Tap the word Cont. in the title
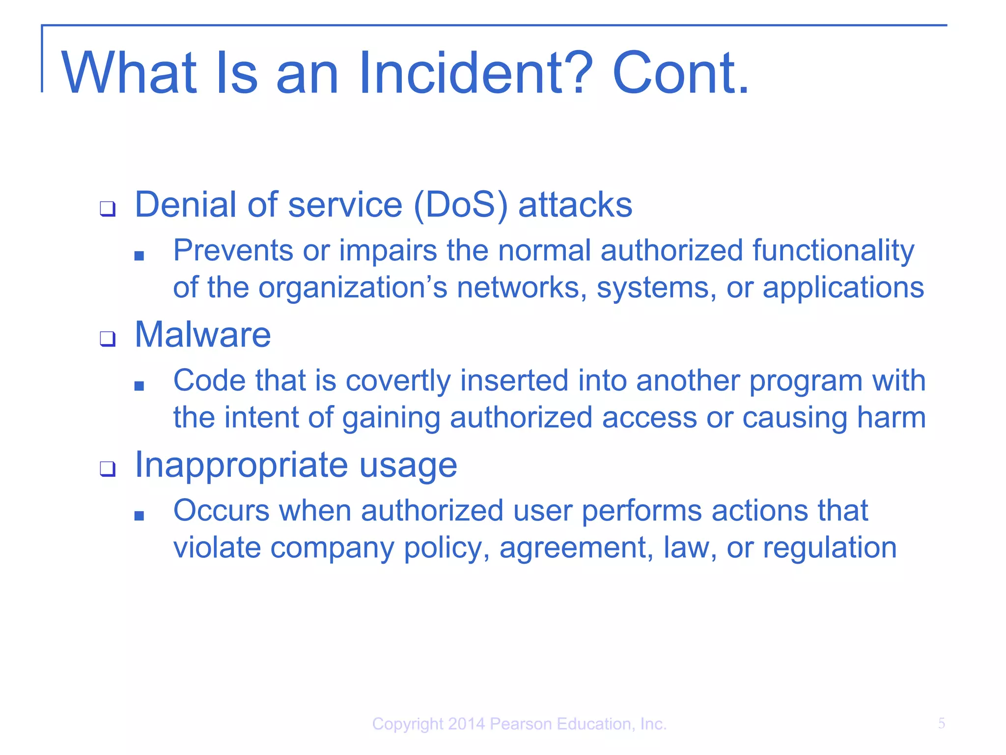point(680,74)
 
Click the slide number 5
point(941,723)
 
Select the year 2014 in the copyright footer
point(466,724)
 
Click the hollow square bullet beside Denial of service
point(108,208)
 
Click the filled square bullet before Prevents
point(139,256)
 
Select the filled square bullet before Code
point(139,386)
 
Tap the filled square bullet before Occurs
point(139,516)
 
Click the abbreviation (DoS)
point(460,205)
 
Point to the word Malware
point(202,335)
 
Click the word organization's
point(353,288)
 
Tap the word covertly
point(398,381)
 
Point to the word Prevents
point(233,251)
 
